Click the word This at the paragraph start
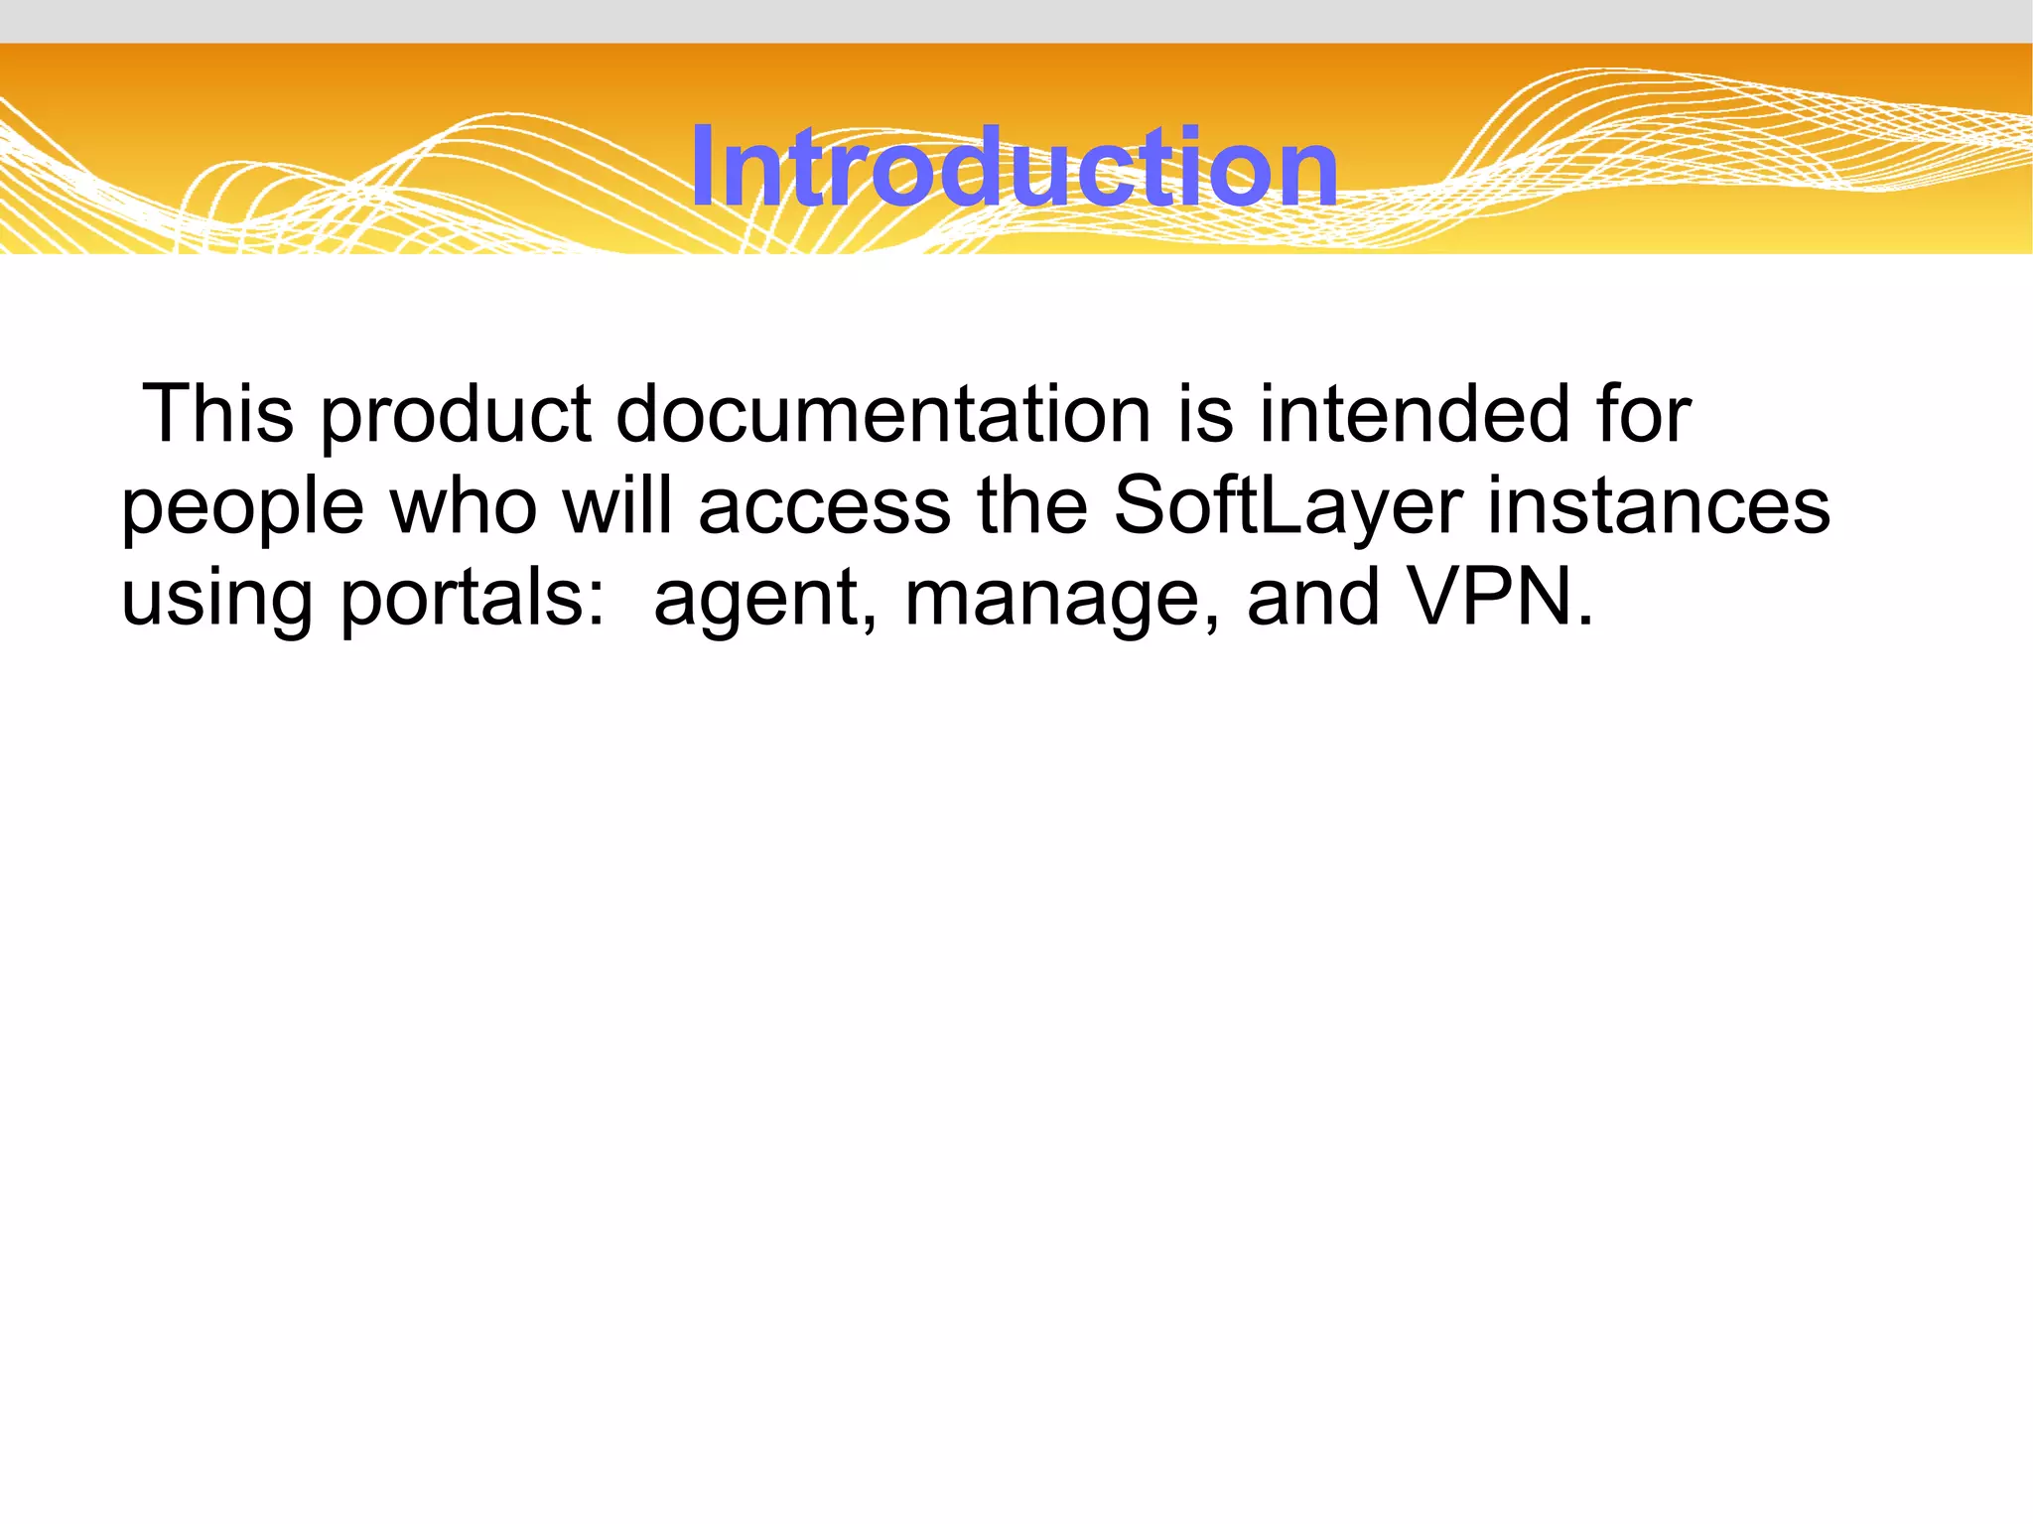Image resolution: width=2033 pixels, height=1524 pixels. (x=218, y=413)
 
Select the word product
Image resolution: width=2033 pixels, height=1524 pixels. (x=456, y=417)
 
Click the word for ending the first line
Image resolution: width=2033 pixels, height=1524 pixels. (x=1643, y=413)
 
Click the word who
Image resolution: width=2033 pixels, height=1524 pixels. (x=464, y=505)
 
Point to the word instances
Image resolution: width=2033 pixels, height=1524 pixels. (x=1658, y=505)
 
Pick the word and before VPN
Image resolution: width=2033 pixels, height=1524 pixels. (x=1312, y=598)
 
